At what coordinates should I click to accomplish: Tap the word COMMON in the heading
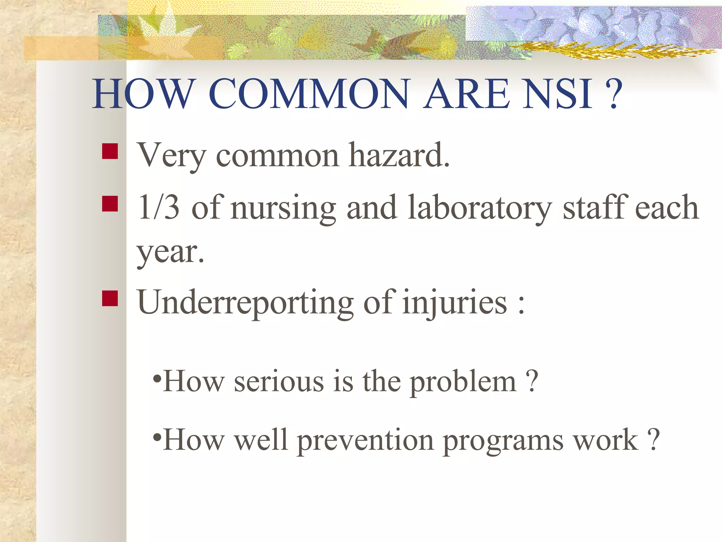[309, 94]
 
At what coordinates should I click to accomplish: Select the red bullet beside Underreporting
[110, 298]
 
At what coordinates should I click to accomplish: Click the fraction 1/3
[159, 207]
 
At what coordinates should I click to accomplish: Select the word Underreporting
[245, 303]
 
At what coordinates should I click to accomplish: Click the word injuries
[455, 303]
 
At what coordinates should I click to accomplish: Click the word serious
[279, 382]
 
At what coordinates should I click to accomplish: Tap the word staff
[595, 207]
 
